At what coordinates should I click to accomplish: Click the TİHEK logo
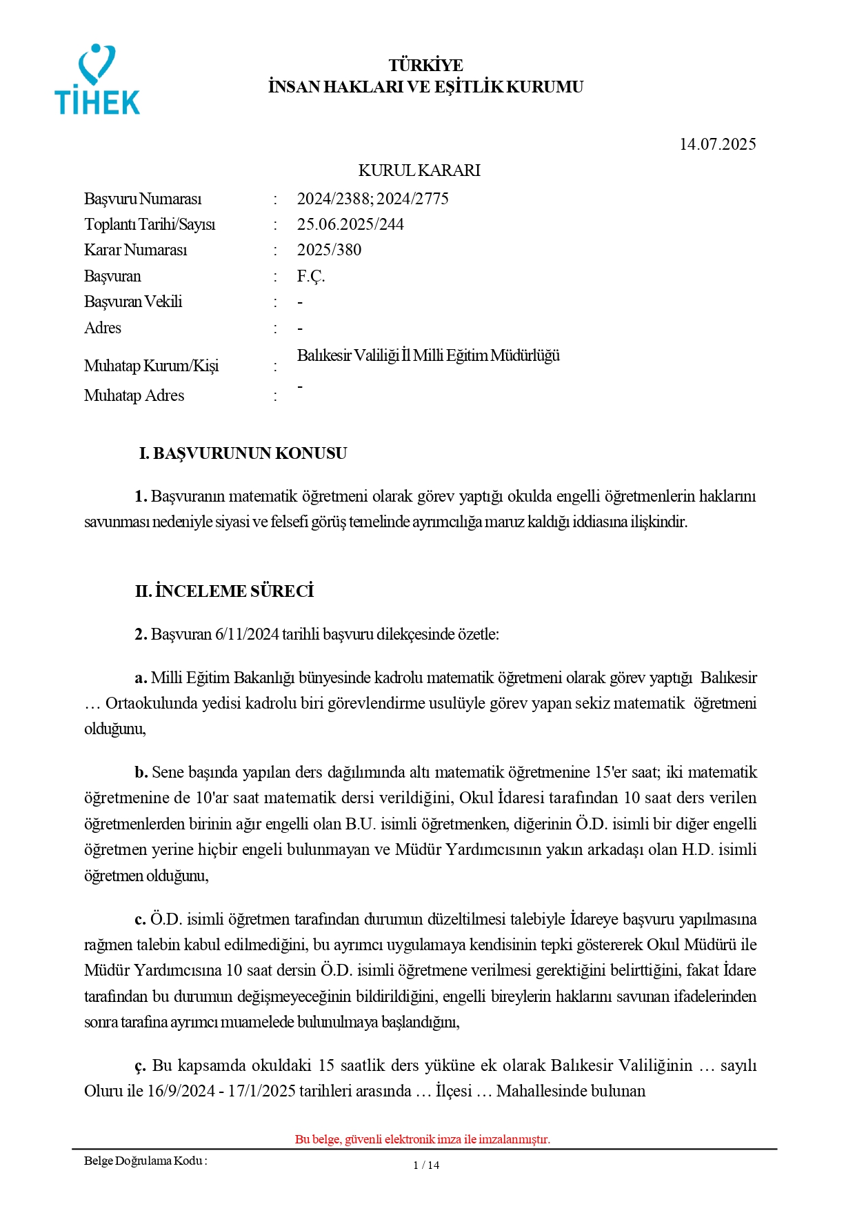pos(97,80)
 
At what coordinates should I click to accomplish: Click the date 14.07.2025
pos(717,144)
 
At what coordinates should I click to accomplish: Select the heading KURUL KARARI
pos(419,170)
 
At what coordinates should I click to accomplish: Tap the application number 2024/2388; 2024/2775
pos(372,199)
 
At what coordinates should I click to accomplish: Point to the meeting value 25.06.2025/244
pos(350,224)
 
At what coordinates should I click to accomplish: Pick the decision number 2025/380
pos(329,250)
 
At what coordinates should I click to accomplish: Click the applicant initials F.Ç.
pos(311,276)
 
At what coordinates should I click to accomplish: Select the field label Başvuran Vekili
pos(133,302)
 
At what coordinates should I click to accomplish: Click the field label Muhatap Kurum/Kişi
pos(151,366)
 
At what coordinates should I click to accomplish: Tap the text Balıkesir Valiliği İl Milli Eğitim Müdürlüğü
pos(428,355)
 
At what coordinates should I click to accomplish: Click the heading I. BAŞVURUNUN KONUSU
pos(243,453)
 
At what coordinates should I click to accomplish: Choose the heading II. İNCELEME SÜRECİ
pos(224,591)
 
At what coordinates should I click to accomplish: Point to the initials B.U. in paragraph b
pos(361,824)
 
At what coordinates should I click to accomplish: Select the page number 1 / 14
pos(426,1165)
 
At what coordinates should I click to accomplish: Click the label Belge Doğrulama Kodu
pos(145,1161)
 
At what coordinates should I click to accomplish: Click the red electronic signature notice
pos(423,1139)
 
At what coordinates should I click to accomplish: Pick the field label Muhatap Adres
pos(134,395)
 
